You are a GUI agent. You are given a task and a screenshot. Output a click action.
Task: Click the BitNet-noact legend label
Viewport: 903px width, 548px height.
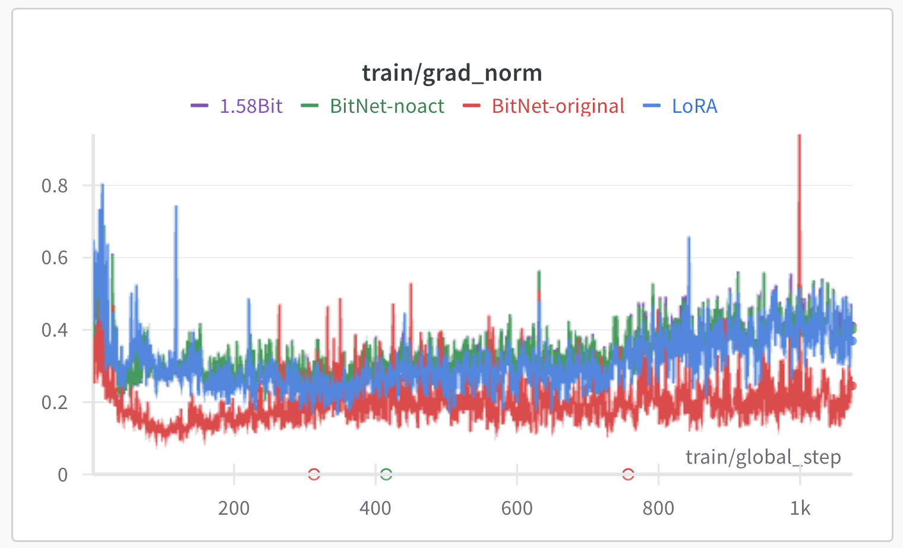tap(387, 106)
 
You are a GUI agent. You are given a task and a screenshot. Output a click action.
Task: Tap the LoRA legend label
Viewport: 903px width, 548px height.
tap(694, 106)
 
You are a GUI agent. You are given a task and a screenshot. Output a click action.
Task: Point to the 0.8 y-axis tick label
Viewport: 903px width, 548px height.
tap(55, 186)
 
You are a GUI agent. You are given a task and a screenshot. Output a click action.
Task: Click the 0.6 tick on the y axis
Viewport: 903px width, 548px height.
tap(55, 258)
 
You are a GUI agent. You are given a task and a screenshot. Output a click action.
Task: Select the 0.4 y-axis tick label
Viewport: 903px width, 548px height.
tap(55, 330)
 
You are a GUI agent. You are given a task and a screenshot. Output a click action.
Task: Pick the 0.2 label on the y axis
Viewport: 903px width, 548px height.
tap(55, 402)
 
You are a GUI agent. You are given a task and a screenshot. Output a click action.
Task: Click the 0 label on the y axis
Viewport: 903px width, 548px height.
tap(62, 474)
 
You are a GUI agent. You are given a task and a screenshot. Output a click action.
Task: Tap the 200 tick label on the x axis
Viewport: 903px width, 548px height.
tap(234, 508)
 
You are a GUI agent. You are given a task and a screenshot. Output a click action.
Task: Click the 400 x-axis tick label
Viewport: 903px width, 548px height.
tap(375, 508)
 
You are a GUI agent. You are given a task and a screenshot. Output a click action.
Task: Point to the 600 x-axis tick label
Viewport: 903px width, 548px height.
tap(517, 508)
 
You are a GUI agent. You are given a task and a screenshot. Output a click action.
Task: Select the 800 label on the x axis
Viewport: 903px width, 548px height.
tap(658, 508)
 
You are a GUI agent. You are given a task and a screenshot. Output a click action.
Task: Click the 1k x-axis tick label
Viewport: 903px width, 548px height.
tap(800, 508)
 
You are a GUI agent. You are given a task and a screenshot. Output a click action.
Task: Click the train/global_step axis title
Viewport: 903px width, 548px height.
tap(763, 457)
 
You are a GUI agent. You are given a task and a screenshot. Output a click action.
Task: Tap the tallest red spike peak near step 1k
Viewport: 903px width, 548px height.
tap(799, 135)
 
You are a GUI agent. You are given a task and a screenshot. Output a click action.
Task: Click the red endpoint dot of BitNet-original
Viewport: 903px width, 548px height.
tap(852, 385)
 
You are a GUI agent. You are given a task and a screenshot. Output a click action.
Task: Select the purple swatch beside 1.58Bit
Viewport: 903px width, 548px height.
tap(199, 106)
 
